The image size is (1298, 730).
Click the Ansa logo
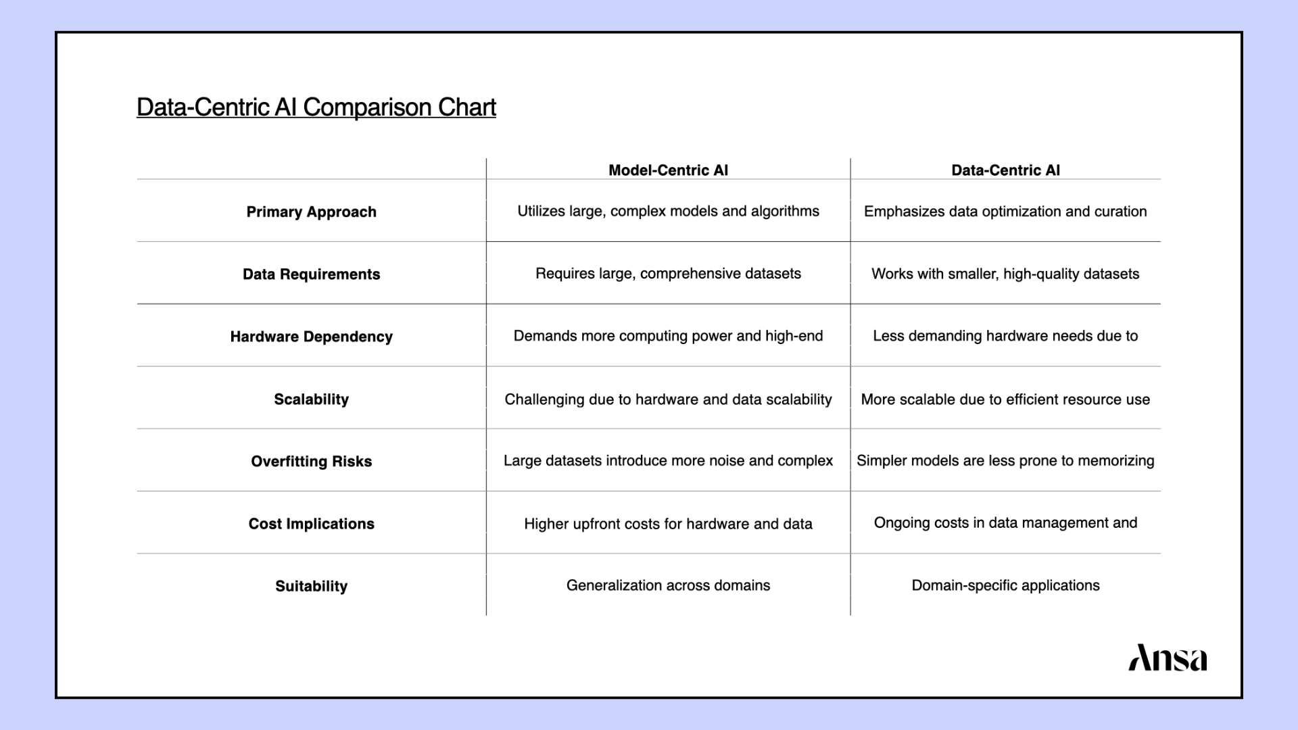pyautogui.click(x=1168, y=658)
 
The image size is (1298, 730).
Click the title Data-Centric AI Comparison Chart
pyautogui.click(x=316, y=107)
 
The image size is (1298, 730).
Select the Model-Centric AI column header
pyautogui.click(x=668, y=170)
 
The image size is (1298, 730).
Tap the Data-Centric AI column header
pyautogui.click(x=1005, y=170)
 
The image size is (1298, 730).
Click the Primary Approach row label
pyautogui.click(x=311, y=212)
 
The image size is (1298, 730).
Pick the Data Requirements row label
pyautogui.click(x=311, y=274)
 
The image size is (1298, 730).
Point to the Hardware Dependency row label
pyautogui.click(x=311, y=337)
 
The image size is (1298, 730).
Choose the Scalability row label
pyautogui.click(x=311, y=399)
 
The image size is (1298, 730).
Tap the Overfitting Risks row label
pyautogui.click(x=311, y=462)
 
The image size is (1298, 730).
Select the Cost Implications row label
pyautogui.click(x=311, y=524)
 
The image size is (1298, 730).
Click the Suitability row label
pyautogui.click(x=311, y=586)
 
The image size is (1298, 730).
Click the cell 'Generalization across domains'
pyautogui.click(x=668, y=585)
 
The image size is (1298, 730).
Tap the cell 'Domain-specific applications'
pyautogui.click(x=1005, y=585)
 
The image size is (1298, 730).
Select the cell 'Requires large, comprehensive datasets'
pyautogui.click(x=668, y=274)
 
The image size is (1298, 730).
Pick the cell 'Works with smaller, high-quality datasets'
pyautogui.click(x=1005, y=274)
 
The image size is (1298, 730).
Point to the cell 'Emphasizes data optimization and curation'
pyautogui.click(x=1005, y=212)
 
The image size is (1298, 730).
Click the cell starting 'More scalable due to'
pyautogui.click(x=1005, y=399)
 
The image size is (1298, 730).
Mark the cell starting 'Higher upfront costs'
pyautogui.click(x=668, y=524)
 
